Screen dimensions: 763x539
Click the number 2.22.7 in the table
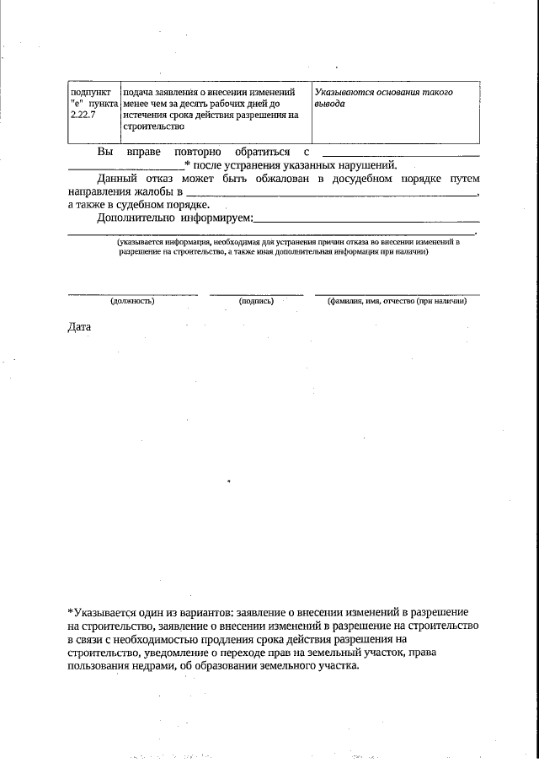pos(83,114)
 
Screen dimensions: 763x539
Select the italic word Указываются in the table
pos(345,92)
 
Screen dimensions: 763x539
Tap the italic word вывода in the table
pos(329,103)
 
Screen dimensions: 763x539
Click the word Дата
pos(79,326)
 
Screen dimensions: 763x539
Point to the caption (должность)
pos(133,301)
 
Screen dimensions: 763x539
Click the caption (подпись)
pos(256,301)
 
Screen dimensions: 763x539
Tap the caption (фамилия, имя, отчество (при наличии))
pos(397,301)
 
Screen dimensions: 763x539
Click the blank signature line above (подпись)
pos(256,294)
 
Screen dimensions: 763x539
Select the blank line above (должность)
pos(133,294)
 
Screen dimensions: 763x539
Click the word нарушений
pos(365,164)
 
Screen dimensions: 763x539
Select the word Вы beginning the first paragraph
pos(105,151)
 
